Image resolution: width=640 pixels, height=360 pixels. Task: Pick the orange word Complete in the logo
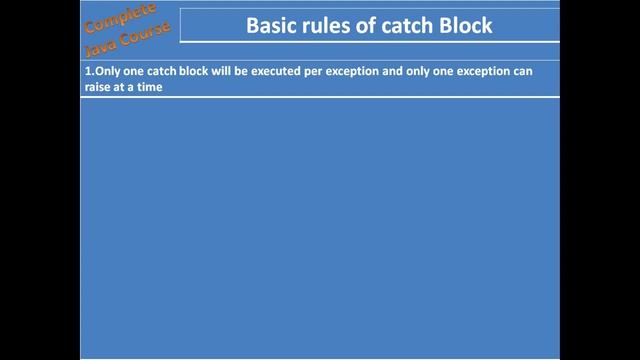121,19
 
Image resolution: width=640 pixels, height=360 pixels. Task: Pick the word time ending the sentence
149,87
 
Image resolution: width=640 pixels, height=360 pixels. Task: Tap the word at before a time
120,87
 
